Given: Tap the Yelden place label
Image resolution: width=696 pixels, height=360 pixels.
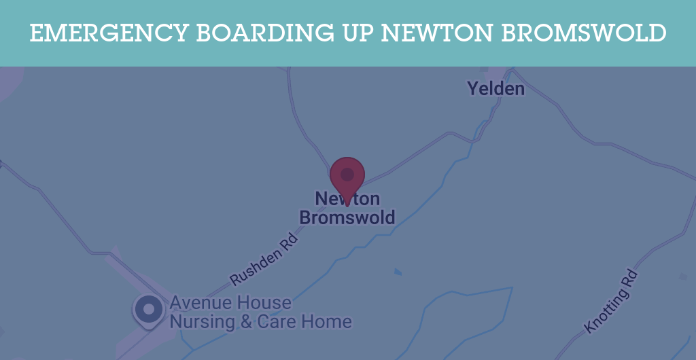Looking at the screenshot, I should pyautogui.click(x=495, y=88).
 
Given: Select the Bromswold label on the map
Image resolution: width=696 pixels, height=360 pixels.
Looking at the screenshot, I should pyautogui.click(x=347, y=217).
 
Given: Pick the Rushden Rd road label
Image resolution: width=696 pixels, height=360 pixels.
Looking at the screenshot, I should pyautogui.click(x=264, y=259).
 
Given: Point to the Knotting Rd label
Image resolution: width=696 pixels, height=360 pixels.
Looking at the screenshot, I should pyautogui.click(x=611, y=302).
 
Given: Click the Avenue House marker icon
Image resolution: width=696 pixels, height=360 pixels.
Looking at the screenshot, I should pyautogui.click(x=149, y=310).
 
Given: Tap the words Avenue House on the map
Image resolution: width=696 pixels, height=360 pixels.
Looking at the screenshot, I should pyautogui.click(x=230, y=302).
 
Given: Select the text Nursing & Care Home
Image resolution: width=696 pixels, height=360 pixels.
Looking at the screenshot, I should pyautogui.click(x=260, y=321).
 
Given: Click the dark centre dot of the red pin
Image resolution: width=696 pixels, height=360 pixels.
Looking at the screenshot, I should pyautogui.click(x=347, y=175).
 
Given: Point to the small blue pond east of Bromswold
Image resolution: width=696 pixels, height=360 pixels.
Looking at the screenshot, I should pyautogui.click(x=398, y=272).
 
